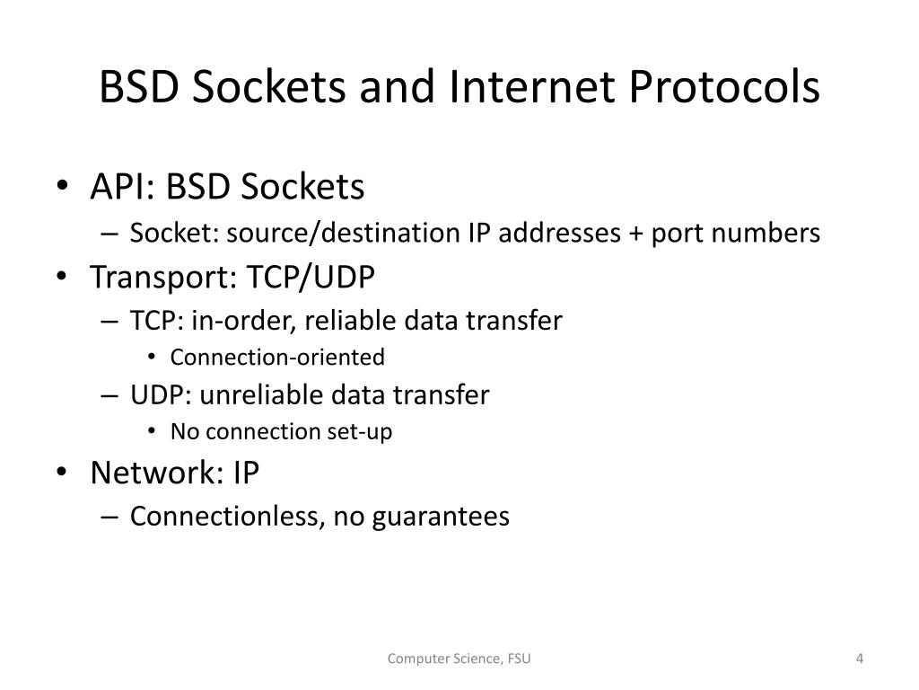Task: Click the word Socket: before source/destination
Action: pos(174,234)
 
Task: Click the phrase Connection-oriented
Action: pos(277,358)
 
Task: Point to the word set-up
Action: pos(363,432)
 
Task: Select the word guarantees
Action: pos(441,517)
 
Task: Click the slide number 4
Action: pos(859,659)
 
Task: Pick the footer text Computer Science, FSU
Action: pos(459,659)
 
